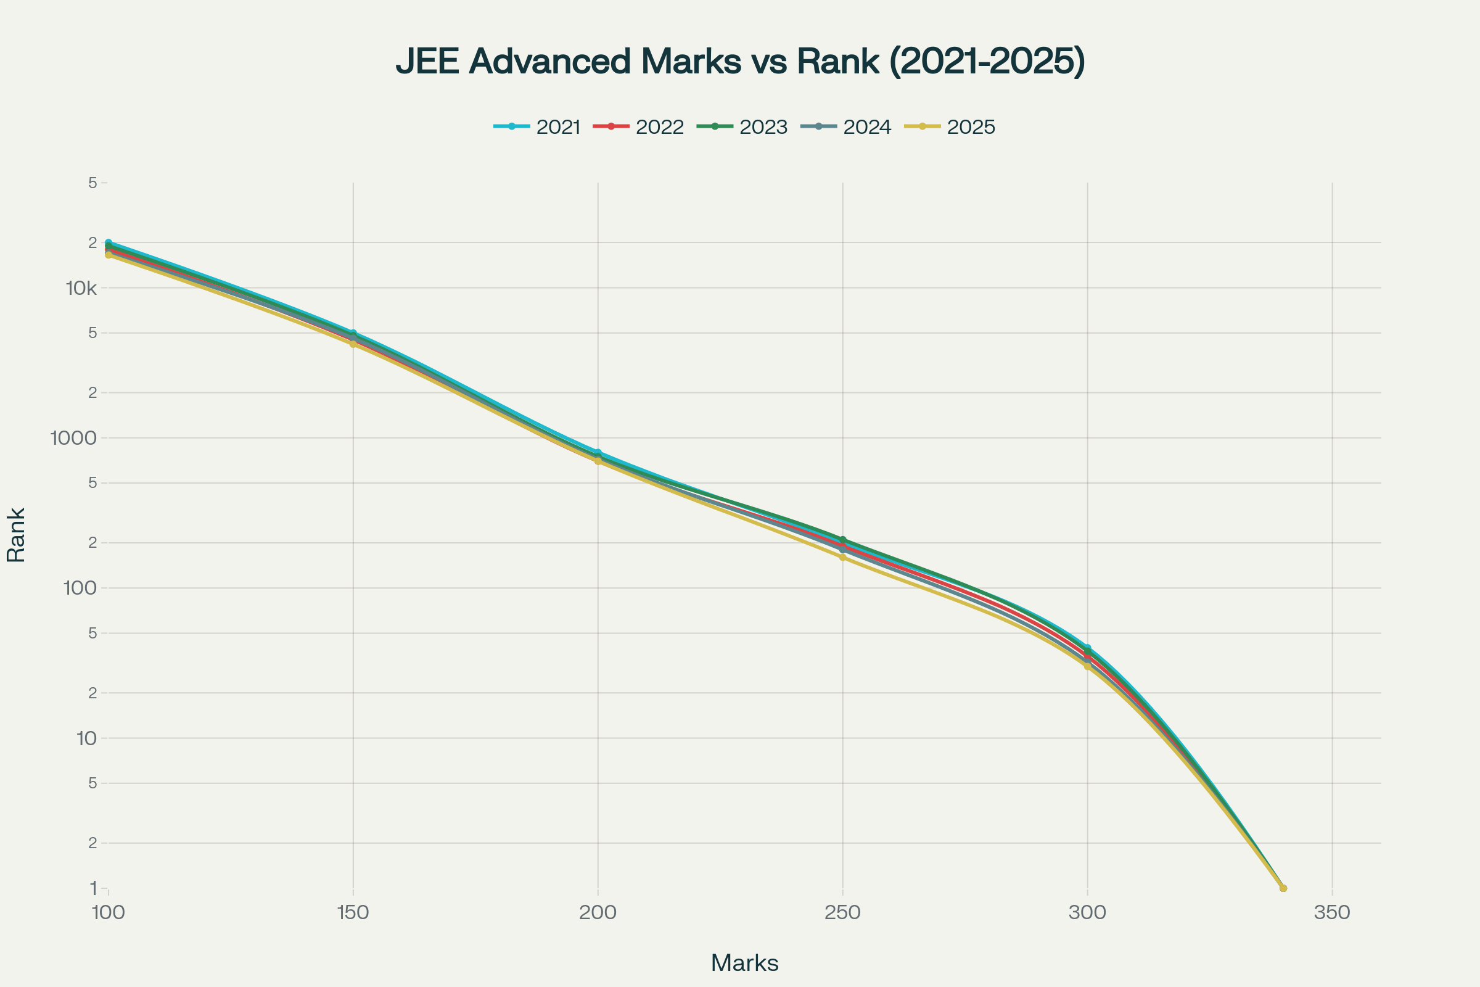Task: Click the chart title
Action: (x=740, y=62)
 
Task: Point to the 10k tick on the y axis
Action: (x=81, y=289)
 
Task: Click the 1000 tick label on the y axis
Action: (x=73, y=438)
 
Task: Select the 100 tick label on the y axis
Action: (x=80, y=588)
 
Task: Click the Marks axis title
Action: (x=744, y=963)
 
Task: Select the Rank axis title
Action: (x=17, y=535)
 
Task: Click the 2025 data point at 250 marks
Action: (x=842, y=557)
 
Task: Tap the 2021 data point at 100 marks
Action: (x=109, y=242)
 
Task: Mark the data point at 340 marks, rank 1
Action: (x=1283, y=888)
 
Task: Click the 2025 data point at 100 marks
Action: (x=109, y=255)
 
